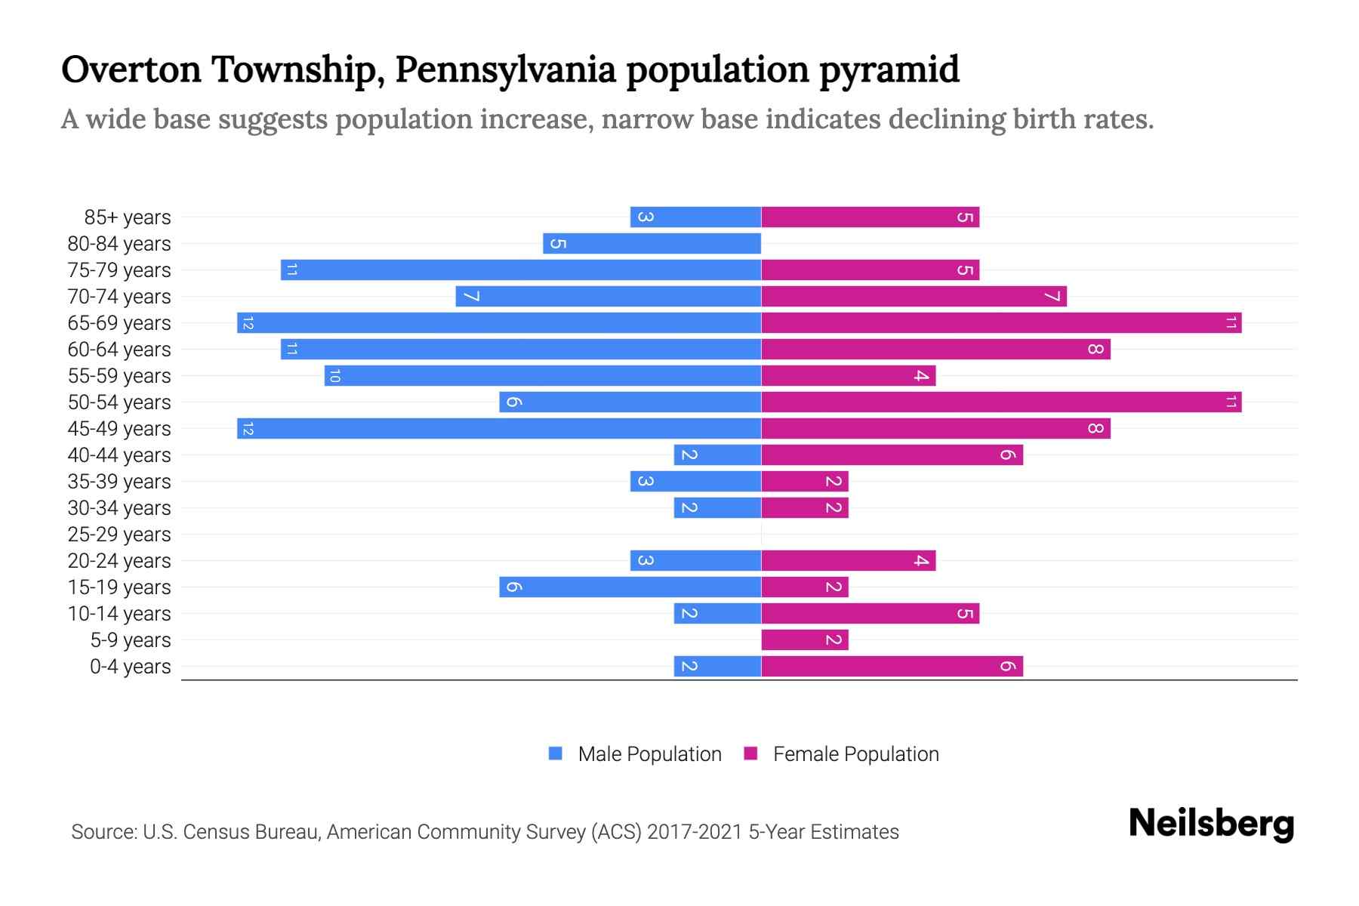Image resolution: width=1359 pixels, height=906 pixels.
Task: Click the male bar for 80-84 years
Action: click(x=652, y=243)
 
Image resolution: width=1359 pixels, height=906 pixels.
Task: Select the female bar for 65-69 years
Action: click(x=1001, y=323)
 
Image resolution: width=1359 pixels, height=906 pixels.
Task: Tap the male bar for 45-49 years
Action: click(x=498, y=429)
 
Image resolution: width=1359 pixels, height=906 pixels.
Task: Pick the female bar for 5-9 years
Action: click(x=805, y=640)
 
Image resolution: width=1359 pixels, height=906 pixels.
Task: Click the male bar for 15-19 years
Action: click(x=630, y=587)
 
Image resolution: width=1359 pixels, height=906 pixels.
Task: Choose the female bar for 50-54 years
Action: click(x=1001, y=402)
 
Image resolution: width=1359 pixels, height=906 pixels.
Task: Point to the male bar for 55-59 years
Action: click(x=542, y=376)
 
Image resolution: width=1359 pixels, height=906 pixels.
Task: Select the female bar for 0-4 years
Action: click(x=892, y=667)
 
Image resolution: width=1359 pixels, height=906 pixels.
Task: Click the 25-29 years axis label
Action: click(x=119, y=535)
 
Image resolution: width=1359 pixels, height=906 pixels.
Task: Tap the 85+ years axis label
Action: click(x=127, y=217)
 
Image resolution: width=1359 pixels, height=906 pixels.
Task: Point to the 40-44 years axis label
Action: click(x=119, y=455)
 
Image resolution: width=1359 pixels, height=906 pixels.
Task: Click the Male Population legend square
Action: click(x=556, y=753)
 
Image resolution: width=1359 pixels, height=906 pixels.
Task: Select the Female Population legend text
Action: click(x=855, y=754)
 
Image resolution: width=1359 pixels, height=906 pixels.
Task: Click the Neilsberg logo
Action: click(x=1211, y=824)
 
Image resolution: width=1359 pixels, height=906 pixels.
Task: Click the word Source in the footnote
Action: click(x=103, y=832)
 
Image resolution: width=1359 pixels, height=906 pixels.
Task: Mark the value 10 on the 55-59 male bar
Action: click(x=334, y=376)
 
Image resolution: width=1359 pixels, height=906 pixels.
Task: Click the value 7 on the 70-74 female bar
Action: click(x=1052, y=297)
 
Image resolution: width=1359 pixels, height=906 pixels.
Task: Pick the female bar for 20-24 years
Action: click(x=848, y=561)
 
